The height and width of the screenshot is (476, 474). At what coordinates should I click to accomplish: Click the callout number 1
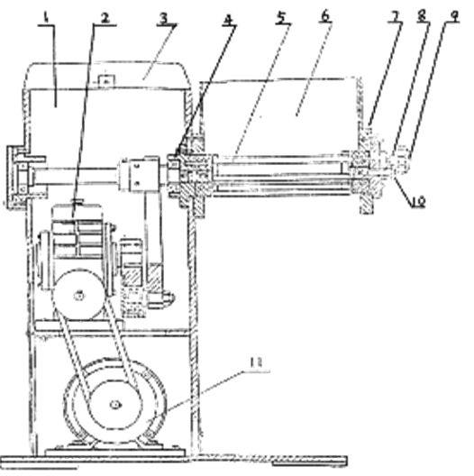[47, 18]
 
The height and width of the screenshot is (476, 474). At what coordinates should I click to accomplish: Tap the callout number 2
[105, 18]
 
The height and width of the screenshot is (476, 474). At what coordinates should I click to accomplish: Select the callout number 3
[164, 18]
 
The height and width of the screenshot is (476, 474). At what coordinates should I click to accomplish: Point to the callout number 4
[228, 20]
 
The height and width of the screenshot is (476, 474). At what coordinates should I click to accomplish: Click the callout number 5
[281, 18]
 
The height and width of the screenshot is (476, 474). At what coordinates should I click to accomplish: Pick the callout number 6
[325, 16]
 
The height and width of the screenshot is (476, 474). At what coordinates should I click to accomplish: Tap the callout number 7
[394, 18]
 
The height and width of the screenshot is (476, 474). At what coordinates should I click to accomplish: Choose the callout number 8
[422, 16]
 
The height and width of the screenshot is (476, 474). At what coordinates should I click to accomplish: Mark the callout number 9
[453, 17]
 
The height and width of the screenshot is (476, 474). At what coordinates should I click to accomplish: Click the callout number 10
[418, 201]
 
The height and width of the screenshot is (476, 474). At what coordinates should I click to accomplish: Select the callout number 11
[257, 363]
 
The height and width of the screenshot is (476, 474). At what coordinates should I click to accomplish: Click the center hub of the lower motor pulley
[115, 405]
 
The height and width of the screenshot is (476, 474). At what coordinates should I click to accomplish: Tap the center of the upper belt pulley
[79, 295]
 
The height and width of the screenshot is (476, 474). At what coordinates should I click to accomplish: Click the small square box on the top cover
[106, 81]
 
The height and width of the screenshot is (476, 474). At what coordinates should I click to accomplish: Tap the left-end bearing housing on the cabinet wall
[19, 177]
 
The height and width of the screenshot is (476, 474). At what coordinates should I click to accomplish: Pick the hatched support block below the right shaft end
[366, 197]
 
